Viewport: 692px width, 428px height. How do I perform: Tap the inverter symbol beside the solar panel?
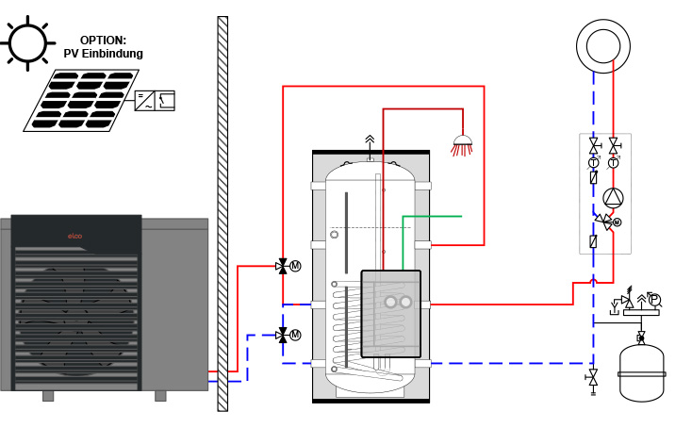(153, 100)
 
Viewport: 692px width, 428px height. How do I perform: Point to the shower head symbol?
(462, 145)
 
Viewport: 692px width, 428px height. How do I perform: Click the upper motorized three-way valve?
(283, 266)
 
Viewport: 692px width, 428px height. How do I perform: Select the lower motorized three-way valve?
(283, 335)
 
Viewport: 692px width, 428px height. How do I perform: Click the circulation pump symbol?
(614, 198)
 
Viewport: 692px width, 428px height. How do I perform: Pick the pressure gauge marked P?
(655, 300)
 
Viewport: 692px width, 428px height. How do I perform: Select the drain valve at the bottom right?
(593, 379)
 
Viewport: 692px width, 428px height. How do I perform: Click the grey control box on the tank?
(390, 313)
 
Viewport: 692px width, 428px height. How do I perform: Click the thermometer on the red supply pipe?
(614, 163)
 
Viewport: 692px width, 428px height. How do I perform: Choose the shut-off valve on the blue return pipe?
(594, 147)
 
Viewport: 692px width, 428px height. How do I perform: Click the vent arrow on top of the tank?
(370, 140)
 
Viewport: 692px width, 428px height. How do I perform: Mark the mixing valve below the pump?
(606, 222)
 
